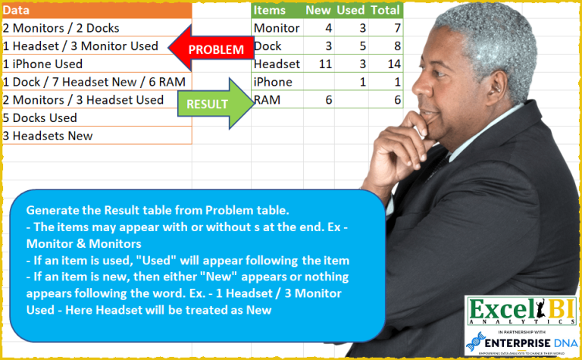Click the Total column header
(x=386, y=11)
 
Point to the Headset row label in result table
(x=277, y=64)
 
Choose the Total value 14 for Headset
(x=393, y=64)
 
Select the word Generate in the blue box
(x=54, y=210)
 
